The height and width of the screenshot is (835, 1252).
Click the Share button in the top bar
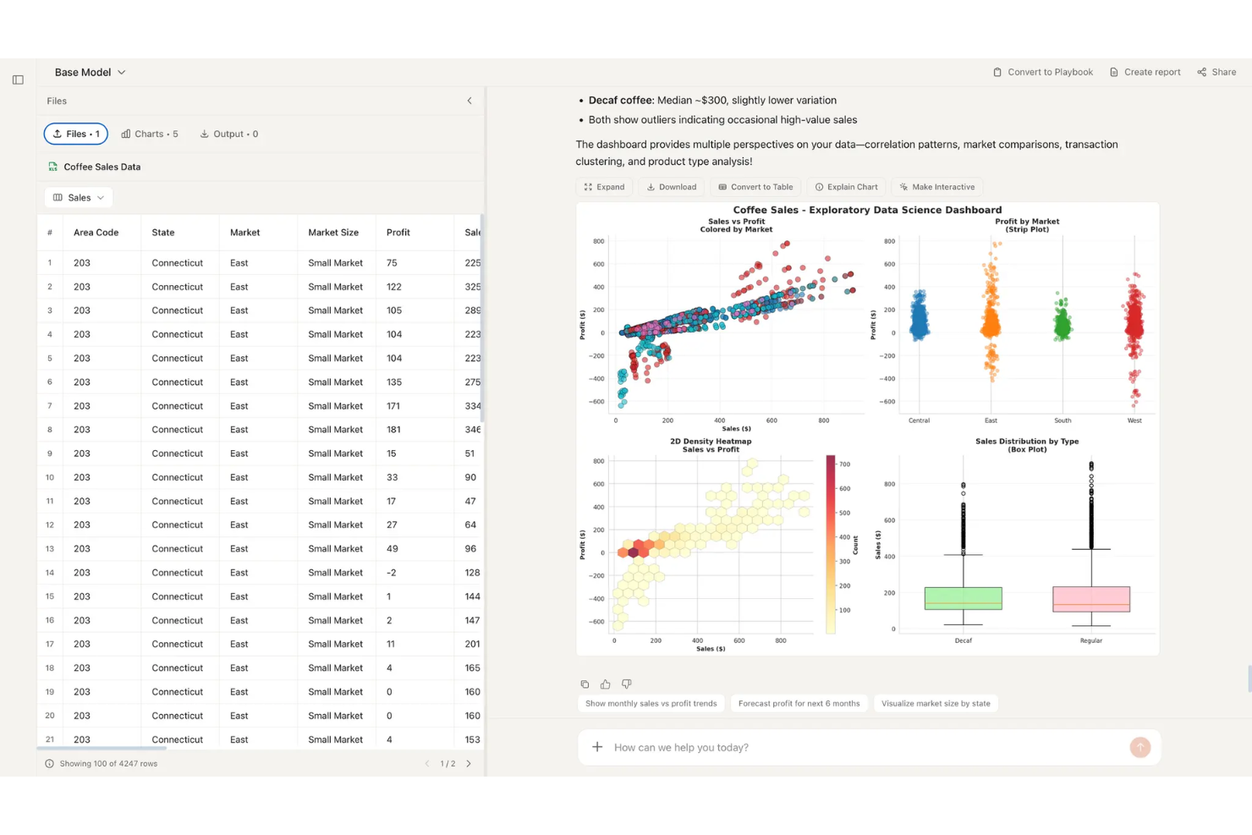(1216, 73)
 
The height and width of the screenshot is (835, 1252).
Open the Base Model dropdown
(90, 73)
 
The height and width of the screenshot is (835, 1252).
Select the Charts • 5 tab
(150, 134)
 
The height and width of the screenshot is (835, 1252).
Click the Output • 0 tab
(229, 134)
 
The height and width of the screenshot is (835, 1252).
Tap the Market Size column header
(333, 233)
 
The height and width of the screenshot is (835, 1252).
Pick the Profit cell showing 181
(394, 430)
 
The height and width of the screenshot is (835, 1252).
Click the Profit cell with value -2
(391, 573)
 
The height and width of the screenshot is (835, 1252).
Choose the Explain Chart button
(846, 187)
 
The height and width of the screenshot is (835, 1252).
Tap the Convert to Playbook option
(1043, 73)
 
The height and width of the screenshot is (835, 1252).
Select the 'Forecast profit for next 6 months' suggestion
(799, 704)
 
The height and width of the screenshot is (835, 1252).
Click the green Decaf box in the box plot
(963, 598)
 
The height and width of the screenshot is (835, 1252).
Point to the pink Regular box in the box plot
(1090, 599)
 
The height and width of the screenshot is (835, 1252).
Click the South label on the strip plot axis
(1063, 420)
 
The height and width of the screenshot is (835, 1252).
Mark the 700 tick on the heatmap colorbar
(844, 464)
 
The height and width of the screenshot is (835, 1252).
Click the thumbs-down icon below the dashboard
(626, 684)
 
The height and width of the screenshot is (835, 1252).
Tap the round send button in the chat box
(1139, 747)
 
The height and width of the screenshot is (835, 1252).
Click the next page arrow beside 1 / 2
(469, 764)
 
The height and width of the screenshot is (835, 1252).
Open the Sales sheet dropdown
(79, 198)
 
